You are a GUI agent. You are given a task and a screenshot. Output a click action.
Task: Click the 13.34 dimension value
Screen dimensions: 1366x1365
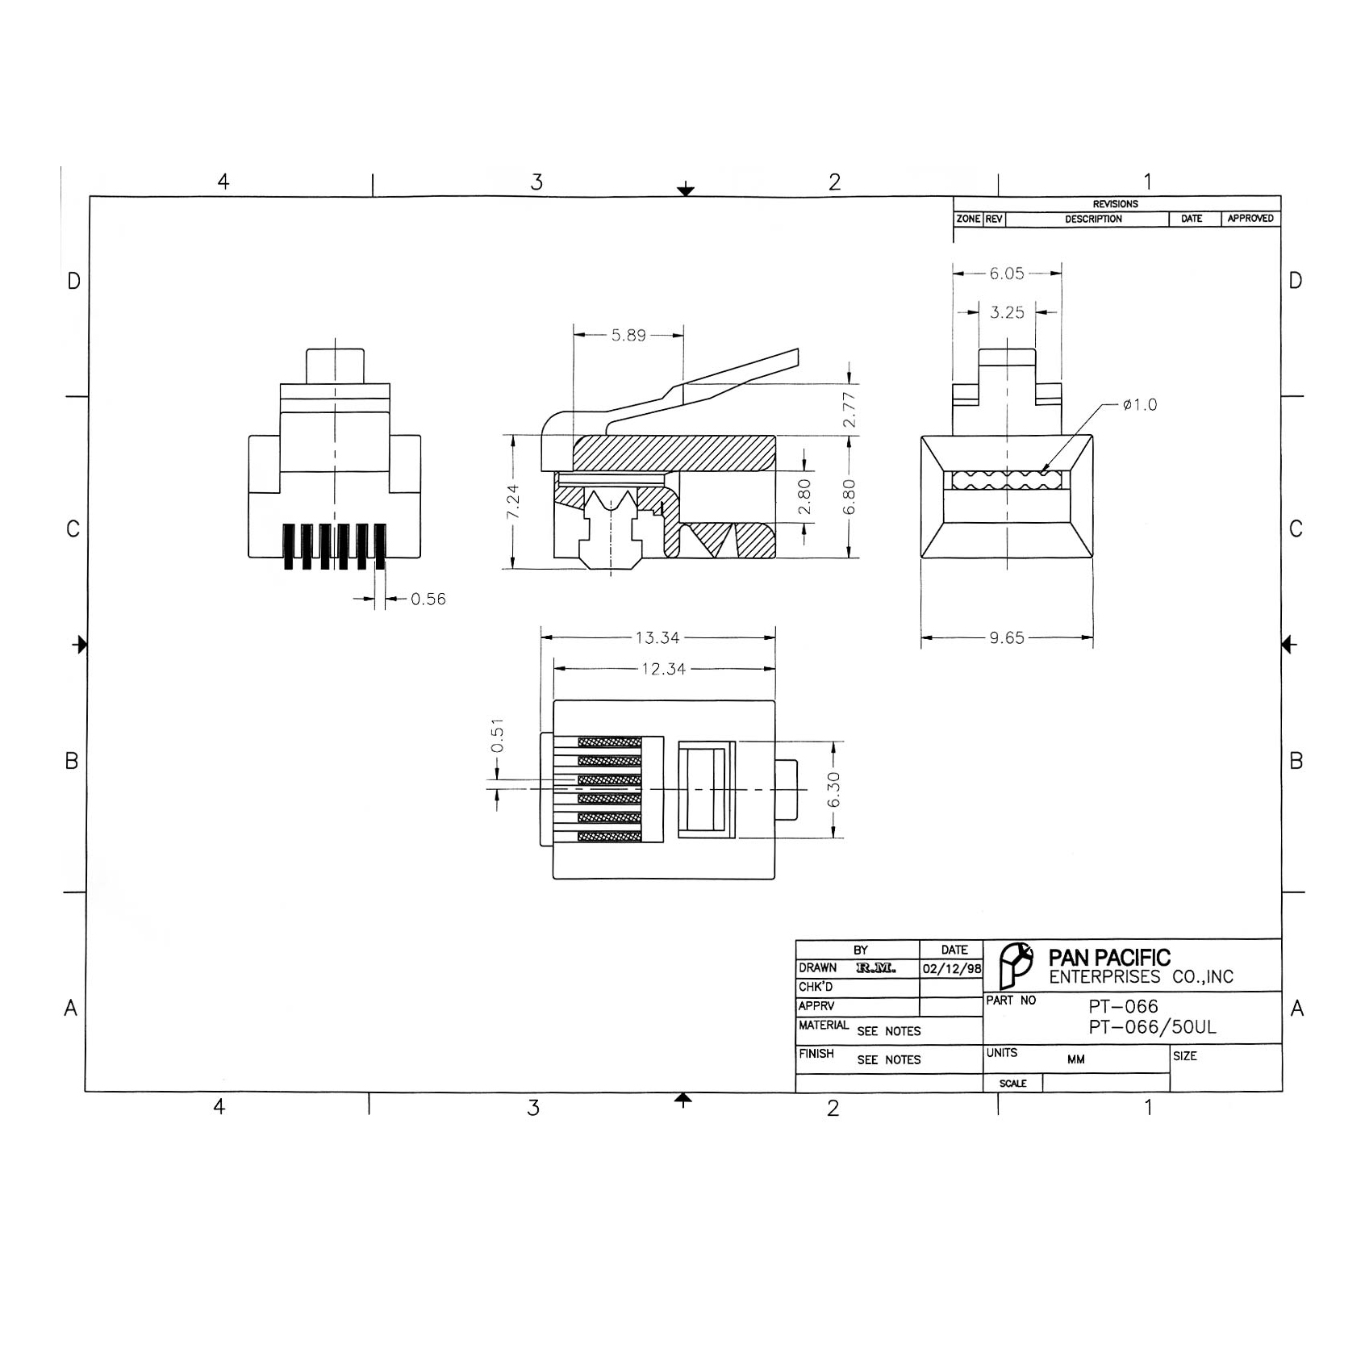pos(657,638)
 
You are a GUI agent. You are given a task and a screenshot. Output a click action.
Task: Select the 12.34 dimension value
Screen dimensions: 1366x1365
pos(663,669)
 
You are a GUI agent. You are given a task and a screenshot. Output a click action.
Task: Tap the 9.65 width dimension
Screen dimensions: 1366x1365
pos(1007,638)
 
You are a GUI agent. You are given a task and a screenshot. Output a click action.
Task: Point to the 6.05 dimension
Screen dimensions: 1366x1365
pos(1007,274)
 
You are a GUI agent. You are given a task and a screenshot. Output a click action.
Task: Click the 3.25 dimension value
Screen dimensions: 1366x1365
pos(1007,313)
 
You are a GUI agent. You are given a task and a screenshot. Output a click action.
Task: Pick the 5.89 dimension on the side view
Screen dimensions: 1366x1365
pos(628,336)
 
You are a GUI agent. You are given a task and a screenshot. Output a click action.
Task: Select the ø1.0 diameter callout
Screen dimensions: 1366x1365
pos(1140,405)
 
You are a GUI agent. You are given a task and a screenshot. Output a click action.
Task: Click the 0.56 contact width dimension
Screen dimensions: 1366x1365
pos(428,599)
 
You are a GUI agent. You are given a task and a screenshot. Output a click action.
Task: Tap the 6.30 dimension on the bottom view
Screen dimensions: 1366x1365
pos(834,789)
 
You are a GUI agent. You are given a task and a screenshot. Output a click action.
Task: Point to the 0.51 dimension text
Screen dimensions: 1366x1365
pos(498,735)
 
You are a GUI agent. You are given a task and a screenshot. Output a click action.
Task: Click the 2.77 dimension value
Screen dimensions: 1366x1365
pos(849,410)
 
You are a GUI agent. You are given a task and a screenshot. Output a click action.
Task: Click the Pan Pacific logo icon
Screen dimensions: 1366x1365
pos(1015,965)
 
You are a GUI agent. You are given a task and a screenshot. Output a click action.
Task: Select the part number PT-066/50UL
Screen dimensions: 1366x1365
pos(1152,1028)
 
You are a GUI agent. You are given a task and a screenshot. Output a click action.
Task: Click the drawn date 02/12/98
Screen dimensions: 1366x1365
pos(952,969)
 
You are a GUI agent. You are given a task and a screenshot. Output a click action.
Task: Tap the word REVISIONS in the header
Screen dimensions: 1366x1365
pos(1115,204)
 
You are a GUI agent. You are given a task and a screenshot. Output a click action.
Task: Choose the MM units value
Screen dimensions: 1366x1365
pos(1075,1059)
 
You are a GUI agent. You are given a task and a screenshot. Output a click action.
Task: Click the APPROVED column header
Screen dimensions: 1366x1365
pos(1250,219)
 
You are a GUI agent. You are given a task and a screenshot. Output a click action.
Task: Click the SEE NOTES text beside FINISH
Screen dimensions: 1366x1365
pos(888,1060)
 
